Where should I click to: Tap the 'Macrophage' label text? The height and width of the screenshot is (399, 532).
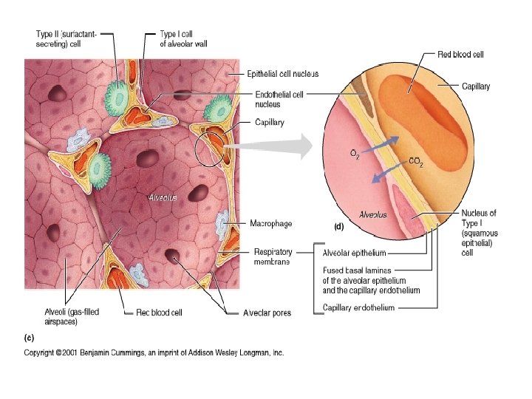coord(271,224)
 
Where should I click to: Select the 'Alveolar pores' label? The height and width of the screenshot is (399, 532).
coord(267,313)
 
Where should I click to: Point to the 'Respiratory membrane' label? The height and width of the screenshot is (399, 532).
coord(273,256)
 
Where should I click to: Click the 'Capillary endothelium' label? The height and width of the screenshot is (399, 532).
coord(358,308)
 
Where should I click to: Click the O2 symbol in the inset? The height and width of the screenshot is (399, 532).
coord(355,154)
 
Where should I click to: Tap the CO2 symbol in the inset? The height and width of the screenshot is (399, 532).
coord(416,162)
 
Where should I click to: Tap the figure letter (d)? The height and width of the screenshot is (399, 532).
coord(338,225)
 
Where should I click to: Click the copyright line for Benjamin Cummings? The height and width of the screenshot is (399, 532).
coord(154,353)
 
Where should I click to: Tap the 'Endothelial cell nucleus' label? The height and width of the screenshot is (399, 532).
coord(279,99)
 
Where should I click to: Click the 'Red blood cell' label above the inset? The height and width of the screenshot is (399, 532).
coord(460,55)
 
